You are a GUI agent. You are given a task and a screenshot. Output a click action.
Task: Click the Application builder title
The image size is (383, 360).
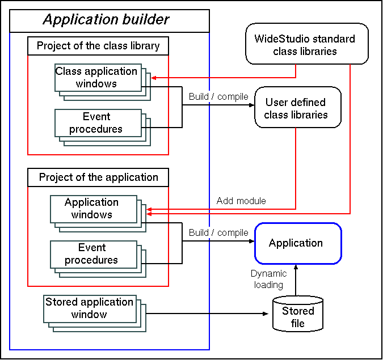pyautogui.click(x=106, y=20)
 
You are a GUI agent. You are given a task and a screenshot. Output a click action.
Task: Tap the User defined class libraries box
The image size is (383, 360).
pyautogui.click(x=296, y=108)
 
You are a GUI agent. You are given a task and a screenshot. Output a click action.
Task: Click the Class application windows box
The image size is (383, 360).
pyautogui.click(x=96, y=78)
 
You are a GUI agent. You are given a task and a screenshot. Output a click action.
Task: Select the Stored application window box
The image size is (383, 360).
pyautogui.click(x=89, y=308)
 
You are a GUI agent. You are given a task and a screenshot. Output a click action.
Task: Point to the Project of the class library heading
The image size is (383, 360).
pyautogui.click(x=98, y=46)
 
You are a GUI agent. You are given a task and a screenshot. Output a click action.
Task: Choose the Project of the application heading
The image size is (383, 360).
pyautogui.click(x=98, y=177)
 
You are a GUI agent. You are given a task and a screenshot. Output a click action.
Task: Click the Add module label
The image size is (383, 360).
pyautogui.click(x=241, y=201)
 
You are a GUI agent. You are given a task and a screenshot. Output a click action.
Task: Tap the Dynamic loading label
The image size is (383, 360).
pyautogui.click(x=268, y=279)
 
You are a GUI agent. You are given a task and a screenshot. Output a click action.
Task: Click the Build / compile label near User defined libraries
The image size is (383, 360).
pyautogui.click(x=218, y=96)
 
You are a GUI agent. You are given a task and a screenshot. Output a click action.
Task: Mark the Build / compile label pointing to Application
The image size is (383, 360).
pyautogui.click(x=218, y=232)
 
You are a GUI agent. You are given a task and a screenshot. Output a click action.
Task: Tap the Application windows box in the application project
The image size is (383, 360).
pyautogui.click(x=92, y=209)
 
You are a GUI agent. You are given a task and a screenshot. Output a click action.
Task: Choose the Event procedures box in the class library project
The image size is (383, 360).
pyautogui.click(x=96, y=123)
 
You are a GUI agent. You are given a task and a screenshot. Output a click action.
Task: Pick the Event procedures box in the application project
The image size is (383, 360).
pyautogui.click(x=92, y=254)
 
